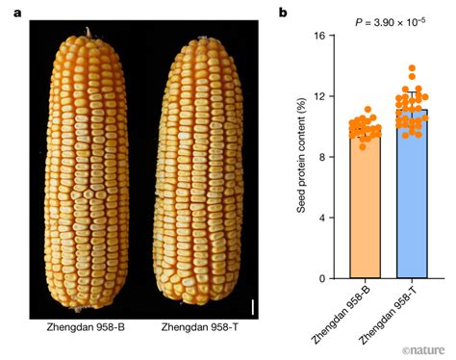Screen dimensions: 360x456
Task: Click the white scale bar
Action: (254, 307)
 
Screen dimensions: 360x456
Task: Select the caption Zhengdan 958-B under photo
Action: (85, 328)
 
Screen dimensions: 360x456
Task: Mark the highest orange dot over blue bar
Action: (413, 68)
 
